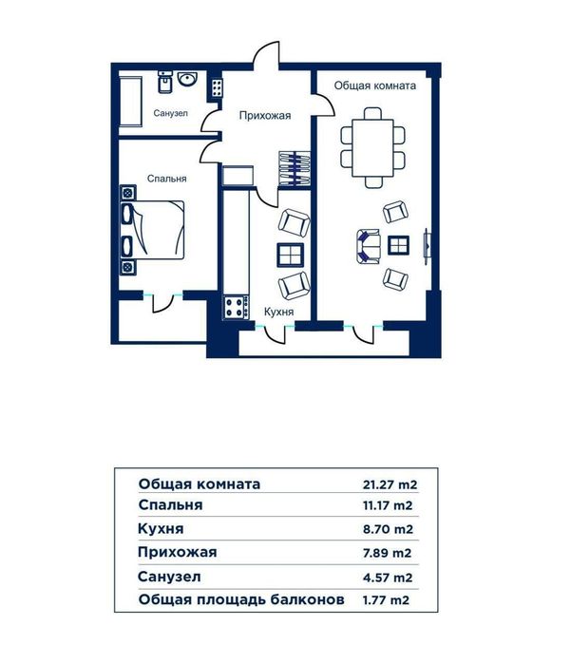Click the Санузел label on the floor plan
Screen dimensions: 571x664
tap(170, 113)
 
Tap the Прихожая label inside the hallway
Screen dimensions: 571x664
tap(265, 116)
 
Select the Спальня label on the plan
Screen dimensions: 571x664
tap(167, 179)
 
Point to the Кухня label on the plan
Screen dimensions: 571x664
tap(278, 313)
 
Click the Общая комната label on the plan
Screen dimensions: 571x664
tap(375, 85)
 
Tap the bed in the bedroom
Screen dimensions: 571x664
tap(153, 230)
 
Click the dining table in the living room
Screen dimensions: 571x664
tap(372, 148)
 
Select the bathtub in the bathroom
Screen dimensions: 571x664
tap(130, 102)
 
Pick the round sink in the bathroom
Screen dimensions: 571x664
tap(187, 79)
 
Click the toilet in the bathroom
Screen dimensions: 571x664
tap(164, 82)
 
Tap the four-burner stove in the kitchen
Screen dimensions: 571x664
tap(236, 308)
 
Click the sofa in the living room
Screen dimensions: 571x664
tap(368, 246)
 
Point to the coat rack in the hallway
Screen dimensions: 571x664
tap(295, 168)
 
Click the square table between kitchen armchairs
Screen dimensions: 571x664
tap(291, 256)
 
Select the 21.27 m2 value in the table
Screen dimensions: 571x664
tap(390, 484)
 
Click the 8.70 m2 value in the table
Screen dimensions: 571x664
tap(388, 529)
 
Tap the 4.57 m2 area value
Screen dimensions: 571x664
tap(388, 578)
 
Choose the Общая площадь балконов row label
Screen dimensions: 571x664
tap(241, 599)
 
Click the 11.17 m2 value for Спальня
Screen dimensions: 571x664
tap(388, 505)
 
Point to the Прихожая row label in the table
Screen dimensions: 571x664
tap(177, 552)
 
